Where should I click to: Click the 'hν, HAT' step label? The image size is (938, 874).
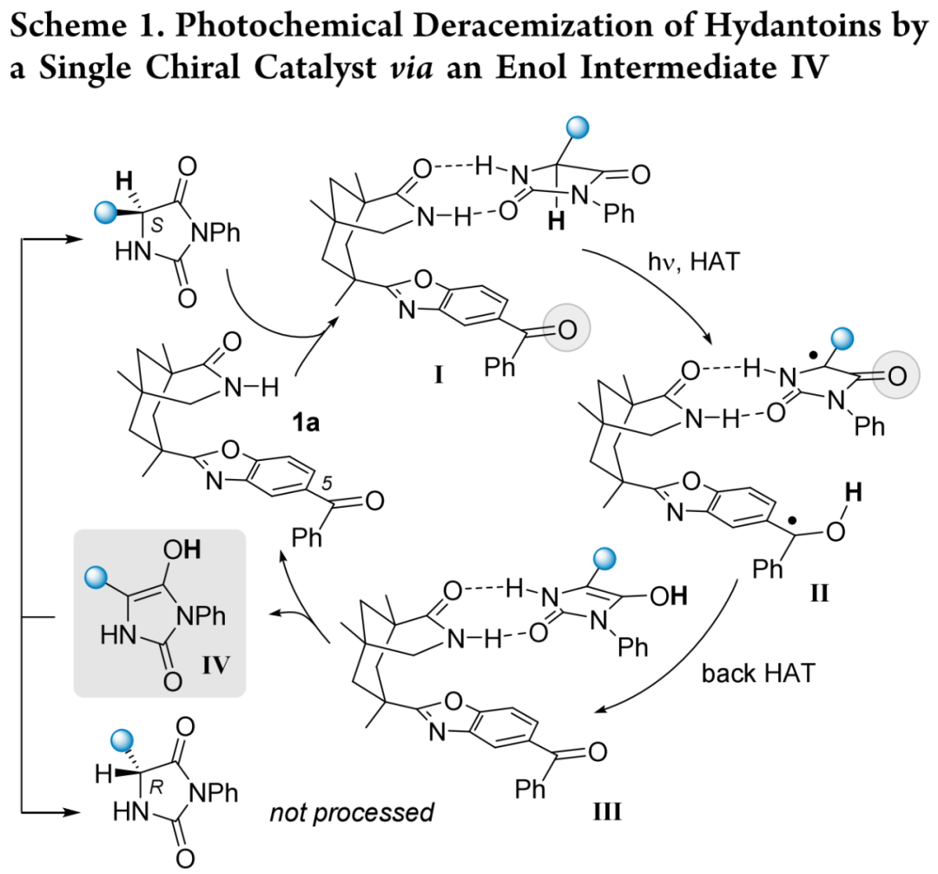[x=694, y=262]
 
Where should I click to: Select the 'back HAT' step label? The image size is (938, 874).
[x=758, y=674]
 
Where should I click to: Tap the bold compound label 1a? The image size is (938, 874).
[x=306, y=423]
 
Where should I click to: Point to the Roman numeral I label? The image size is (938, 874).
[x=439, y=375]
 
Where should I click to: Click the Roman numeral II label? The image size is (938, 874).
[x=819, y=594]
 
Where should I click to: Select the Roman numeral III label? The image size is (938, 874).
[x=606, y=812]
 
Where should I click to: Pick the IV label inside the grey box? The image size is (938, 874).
[x=216, y=664]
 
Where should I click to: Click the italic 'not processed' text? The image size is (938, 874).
[x=352, y=812]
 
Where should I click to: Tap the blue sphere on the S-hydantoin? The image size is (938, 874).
[x=107, y=213]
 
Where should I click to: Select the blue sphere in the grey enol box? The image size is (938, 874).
[x=96, y=578]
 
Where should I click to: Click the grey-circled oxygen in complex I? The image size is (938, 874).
[x=566, y=327]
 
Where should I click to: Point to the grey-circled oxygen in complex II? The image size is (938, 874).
[x=896, y=376]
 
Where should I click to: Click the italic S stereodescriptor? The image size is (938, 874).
[x=156, y=225]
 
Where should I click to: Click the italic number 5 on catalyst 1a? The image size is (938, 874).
[x=327, y=483]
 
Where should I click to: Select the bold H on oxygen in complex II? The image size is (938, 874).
[x=853, y=493]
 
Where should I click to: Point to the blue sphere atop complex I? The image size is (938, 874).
[x=578, y=128]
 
